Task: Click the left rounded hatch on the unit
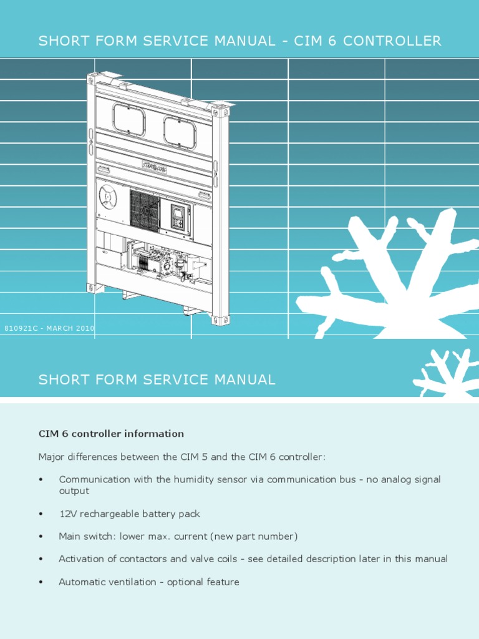point(129,120)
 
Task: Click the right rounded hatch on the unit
point(180,133)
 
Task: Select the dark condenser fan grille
point(145,210)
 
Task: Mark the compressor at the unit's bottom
point(156,258)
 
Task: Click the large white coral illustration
point(393,275)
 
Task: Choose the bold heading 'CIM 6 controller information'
point(111,434)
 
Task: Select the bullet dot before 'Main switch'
point(41,537)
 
